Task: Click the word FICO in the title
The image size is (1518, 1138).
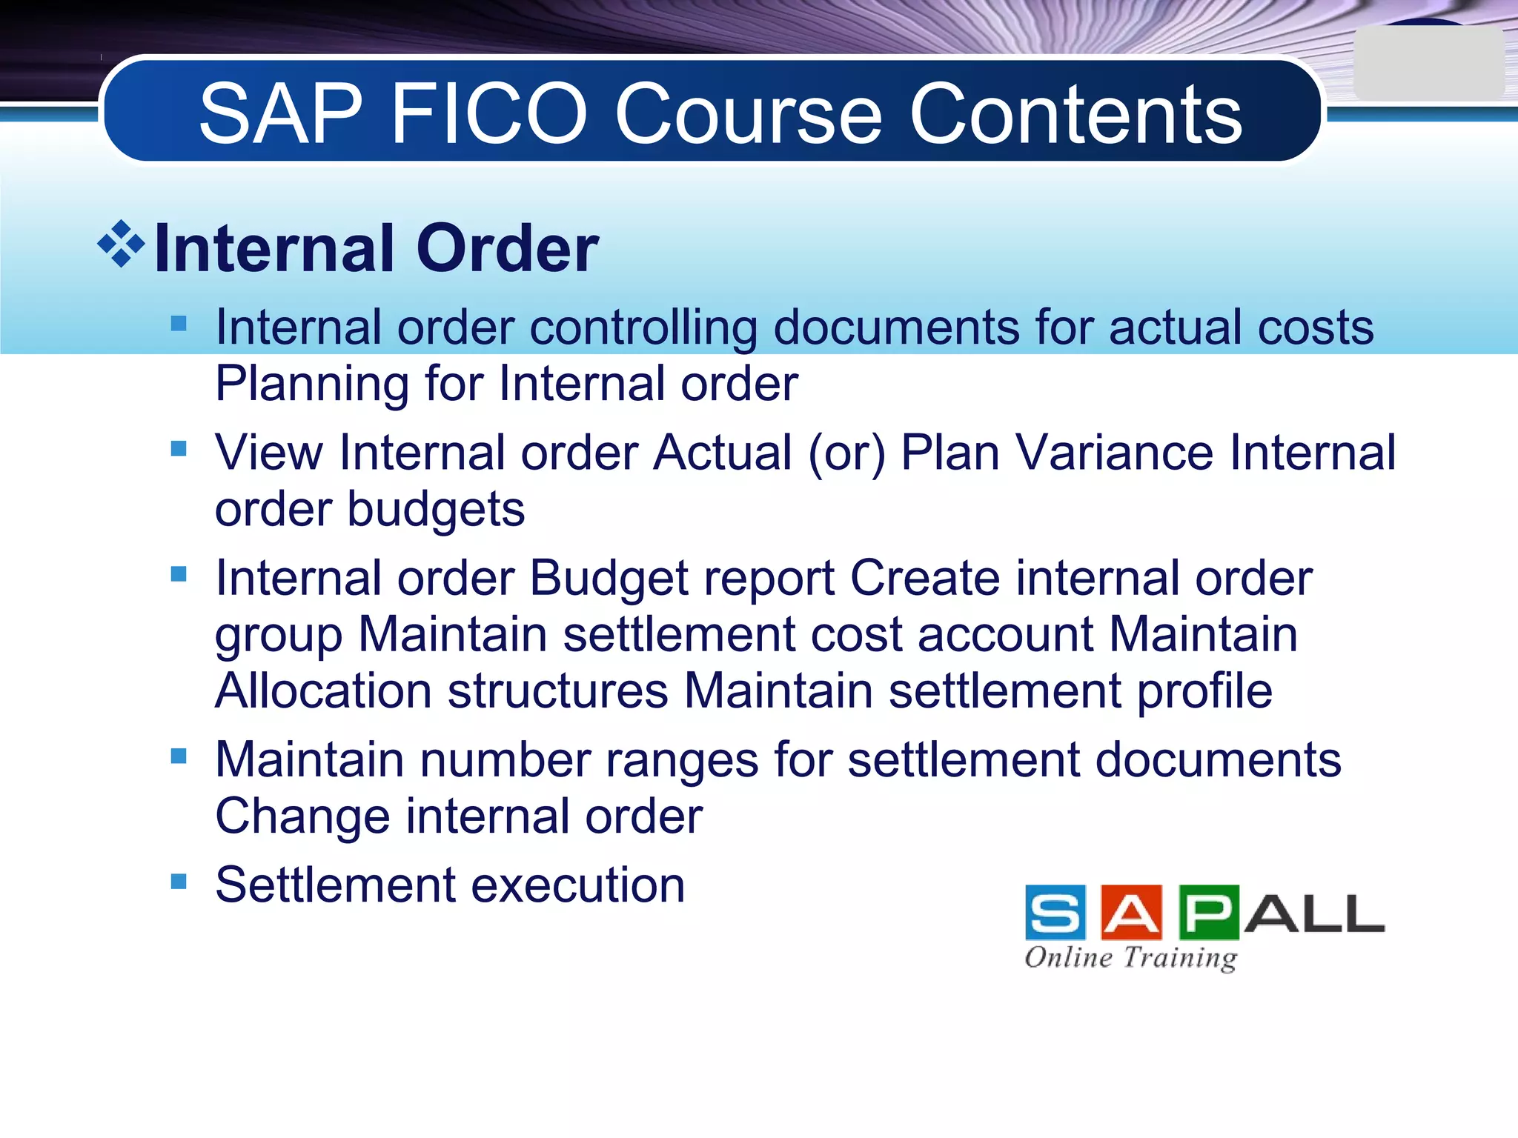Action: click(x=488, y=113)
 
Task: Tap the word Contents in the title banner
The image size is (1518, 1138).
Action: click(x=1075, y=113)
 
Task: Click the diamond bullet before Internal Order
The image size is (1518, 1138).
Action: click(x=121, y=244)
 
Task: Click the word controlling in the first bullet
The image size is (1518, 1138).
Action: click(x=643, y=327)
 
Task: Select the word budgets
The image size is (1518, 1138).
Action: click(x=436, y=510)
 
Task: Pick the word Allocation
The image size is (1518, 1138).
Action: click(x=323, y=691)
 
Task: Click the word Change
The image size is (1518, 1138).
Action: click(x=302, y=816)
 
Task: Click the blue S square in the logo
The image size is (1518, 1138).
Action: click(x=1055, y=913)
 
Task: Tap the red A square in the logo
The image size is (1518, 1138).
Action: click(x=1131, y=913)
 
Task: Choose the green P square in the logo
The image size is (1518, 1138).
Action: click(x=1208, y=913)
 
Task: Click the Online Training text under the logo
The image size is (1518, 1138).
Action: click(x=1131, y=957)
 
